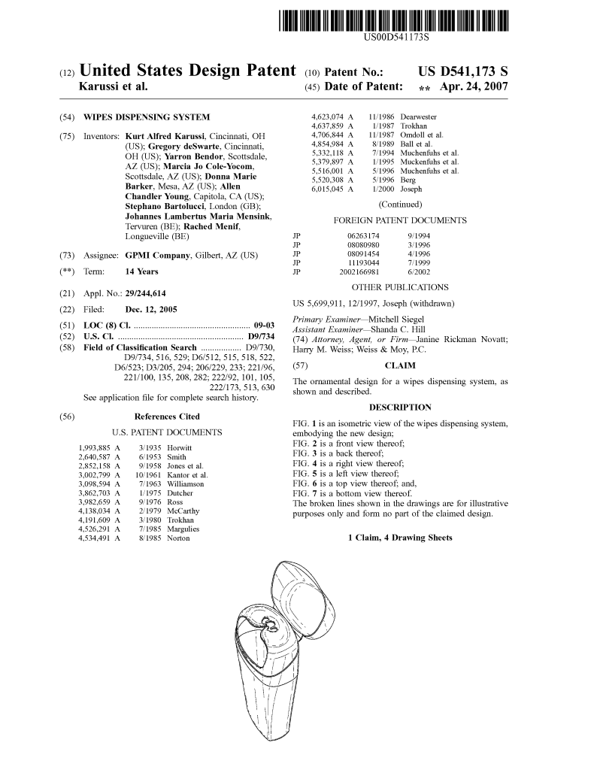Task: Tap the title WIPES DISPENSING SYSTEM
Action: (x=147, y=117)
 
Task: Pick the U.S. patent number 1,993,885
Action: (x=95, y=448)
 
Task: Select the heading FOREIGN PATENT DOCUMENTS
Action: (x=399, y=220)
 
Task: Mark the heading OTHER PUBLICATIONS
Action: (x=399, y=287)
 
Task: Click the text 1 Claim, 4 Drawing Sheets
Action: (x=399, y=538)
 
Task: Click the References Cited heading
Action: (x=167, y=417)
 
